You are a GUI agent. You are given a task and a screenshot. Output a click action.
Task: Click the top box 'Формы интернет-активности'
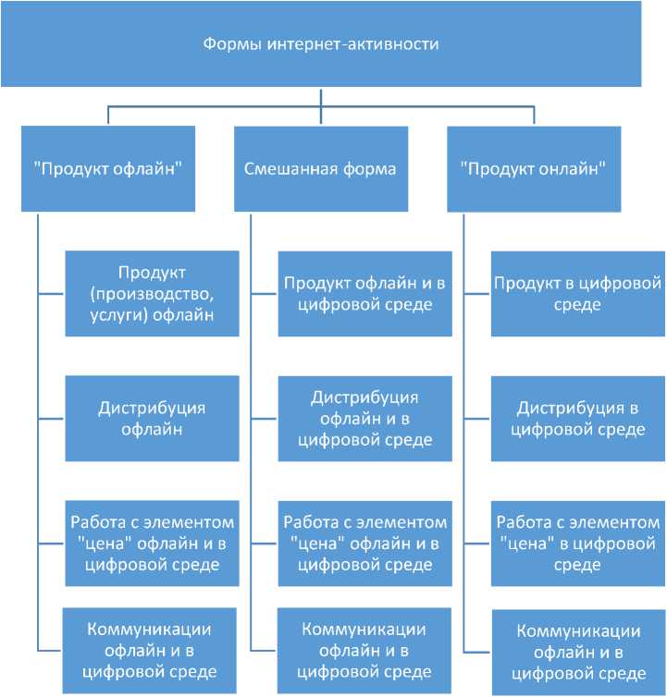click(x=333, y=43)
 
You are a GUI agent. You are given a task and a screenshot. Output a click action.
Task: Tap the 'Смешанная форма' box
click(x=320, y=169)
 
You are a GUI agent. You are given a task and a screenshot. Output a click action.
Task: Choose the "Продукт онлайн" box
click(x=533, y=169)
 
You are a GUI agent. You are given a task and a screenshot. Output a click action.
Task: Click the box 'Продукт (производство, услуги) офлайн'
click(x=153, y=293)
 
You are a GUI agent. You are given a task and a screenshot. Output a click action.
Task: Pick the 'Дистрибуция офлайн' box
click(x=153, y=418)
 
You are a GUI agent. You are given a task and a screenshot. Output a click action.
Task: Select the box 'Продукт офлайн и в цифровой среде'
click(x=364, y=293)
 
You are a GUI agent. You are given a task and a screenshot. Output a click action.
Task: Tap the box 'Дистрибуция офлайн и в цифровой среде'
click(x=364, y=418)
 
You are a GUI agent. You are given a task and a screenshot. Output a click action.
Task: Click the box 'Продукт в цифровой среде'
click(x=577, y=293)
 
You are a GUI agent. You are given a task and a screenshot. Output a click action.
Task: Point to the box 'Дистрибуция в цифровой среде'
click(x=577, y=418)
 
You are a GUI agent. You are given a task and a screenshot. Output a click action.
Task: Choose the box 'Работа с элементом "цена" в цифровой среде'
click(x=577, y=543)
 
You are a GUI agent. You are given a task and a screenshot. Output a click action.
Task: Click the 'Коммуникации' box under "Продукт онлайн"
click(x=577, y=652)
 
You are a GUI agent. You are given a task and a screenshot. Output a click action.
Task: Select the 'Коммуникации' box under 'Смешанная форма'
click(x=364, y=650)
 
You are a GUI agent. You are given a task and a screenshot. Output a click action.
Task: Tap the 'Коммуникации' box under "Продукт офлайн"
click(x=150, y=650)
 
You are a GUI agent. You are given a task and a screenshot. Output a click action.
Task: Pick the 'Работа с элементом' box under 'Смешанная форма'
click(x=364, y=543)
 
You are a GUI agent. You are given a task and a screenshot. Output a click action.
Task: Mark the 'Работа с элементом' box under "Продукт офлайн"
click(x=150, y=543)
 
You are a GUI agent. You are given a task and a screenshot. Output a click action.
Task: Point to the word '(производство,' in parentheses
click(x=153, y=294)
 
